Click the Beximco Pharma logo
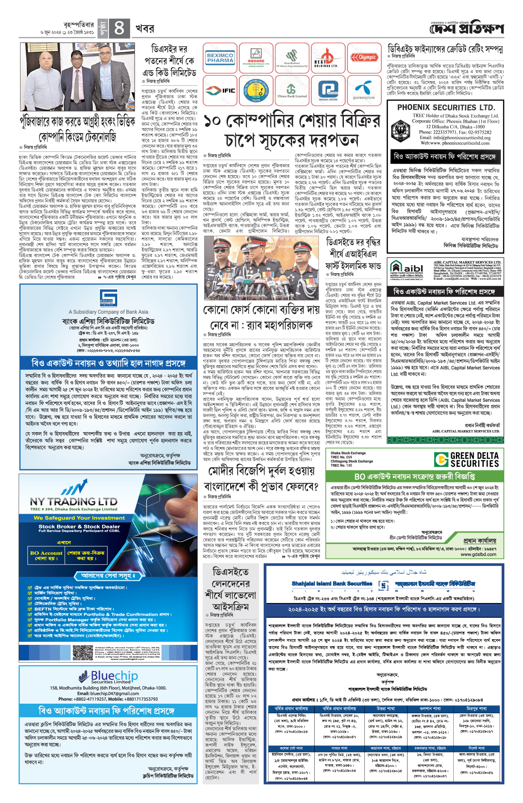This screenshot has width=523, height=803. click(x=220, y=58)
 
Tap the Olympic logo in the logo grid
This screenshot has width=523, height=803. click(x=367, y=58)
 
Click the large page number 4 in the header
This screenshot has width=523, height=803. click(x=119, y=28)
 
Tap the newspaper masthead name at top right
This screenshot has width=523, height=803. click(x=466, y=29)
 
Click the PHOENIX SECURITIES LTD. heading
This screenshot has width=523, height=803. click(x=446, y=107)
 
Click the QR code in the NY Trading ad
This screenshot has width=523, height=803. click(x=83, y=652)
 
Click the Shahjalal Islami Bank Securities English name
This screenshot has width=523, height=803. click(x=332, y=583)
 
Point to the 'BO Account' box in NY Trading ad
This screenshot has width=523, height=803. click(x=46, y=555)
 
